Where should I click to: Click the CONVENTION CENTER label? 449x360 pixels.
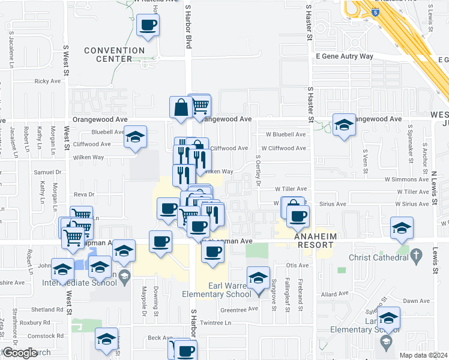[114, 55]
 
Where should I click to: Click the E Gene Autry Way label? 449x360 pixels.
[345, 56]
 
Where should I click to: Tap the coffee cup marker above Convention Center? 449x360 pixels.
[148, 25]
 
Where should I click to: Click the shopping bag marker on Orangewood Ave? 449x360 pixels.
[180, 108]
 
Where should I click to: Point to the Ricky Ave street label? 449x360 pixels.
[48, 81]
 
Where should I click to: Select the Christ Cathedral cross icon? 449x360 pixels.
[415, 257]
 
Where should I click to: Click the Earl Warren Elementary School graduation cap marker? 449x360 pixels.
[258, 277]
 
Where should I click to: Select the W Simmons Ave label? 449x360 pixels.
[406, 179]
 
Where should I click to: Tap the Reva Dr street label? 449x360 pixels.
[83, 194]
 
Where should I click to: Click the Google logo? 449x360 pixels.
[20, 353]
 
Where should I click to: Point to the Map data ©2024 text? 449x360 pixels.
[423, 355]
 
